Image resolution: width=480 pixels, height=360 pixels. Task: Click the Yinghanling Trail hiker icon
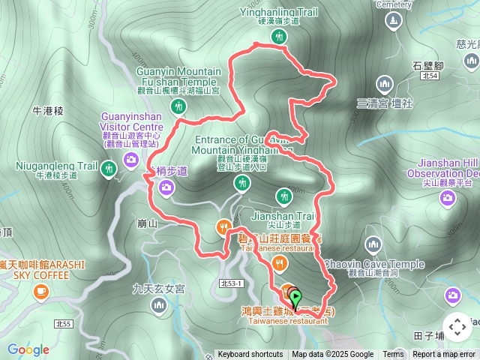coord(279,36)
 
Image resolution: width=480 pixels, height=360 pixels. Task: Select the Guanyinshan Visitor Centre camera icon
coord(130,159)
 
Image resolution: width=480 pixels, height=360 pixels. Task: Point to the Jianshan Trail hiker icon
coord(283,196)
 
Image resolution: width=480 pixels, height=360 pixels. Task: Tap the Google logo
coord(28,349)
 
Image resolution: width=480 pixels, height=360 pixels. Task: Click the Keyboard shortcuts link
coord(250,355)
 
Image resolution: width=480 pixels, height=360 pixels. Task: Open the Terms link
coord(393,355)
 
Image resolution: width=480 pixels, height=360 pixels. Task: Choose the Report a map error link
coord(444,355)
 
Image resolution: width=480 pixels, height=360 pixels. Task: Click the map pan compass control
coord(457,328)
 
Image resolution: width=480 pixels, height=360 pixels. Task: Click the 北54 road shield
coord(428,76)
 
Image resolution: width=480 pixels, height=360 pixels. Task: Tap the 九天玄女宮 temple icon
coord(159,305)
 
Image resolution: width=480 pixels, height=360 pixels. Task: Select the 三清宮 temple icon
coord(385,83)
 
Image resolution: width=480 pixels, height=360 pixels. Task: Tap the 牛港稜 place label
coord(49,111)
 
